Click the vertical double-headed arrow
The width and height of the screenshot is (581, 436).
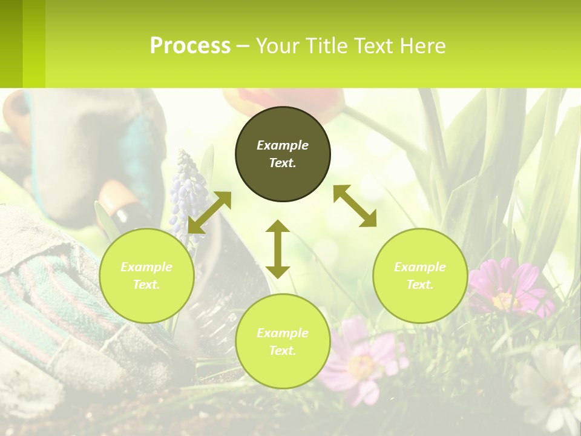[x=278, y=249]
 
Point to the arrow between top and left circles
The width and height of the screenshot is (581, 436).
[x=209, y=212]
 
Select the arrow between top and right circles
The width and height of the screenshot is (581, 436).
[x=355, y=206]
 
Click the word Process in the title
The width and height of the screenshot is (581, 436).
[x=190, y=45]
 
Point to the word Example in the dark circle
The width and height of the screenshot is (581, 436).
[x=283, y=145]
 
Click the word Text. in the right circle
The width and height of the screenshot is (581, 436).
[x=420, y=285]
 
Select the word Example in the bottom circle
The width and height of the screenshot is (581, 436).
[x=283, y=333]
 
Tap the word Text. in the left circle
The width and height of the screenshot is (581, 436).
[x=146, y=285]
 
